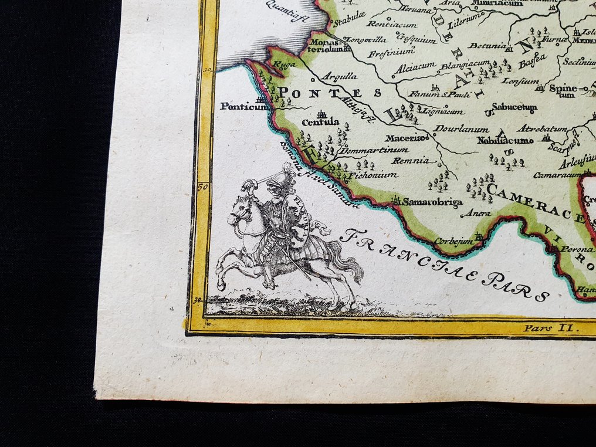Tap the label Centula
point(320,122)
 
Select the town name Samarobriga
point(434,202)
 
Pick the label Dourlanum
point(453,129)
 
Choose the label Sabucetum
point(514,107)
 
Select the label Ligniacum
point(443,111)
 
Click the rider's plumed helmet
point(286,174)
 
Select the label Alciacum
point(415,68)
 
